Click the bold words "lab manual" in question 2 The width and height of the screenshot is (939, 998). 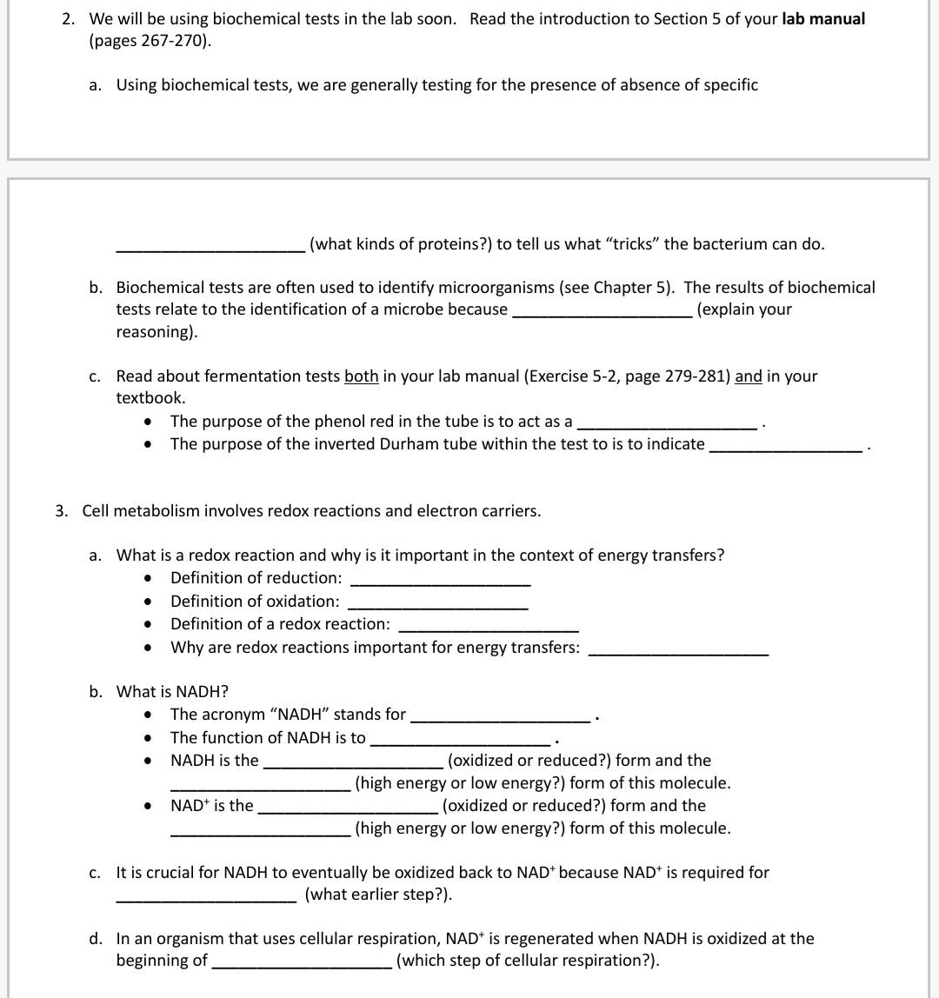click(822, 19)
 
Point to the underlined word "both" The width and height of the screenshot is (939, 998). click(361, 376)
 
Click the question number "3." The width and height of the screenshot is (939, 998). click(62, 511)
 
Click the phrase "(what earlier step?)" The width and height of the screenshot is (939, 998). click(378, 895)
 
